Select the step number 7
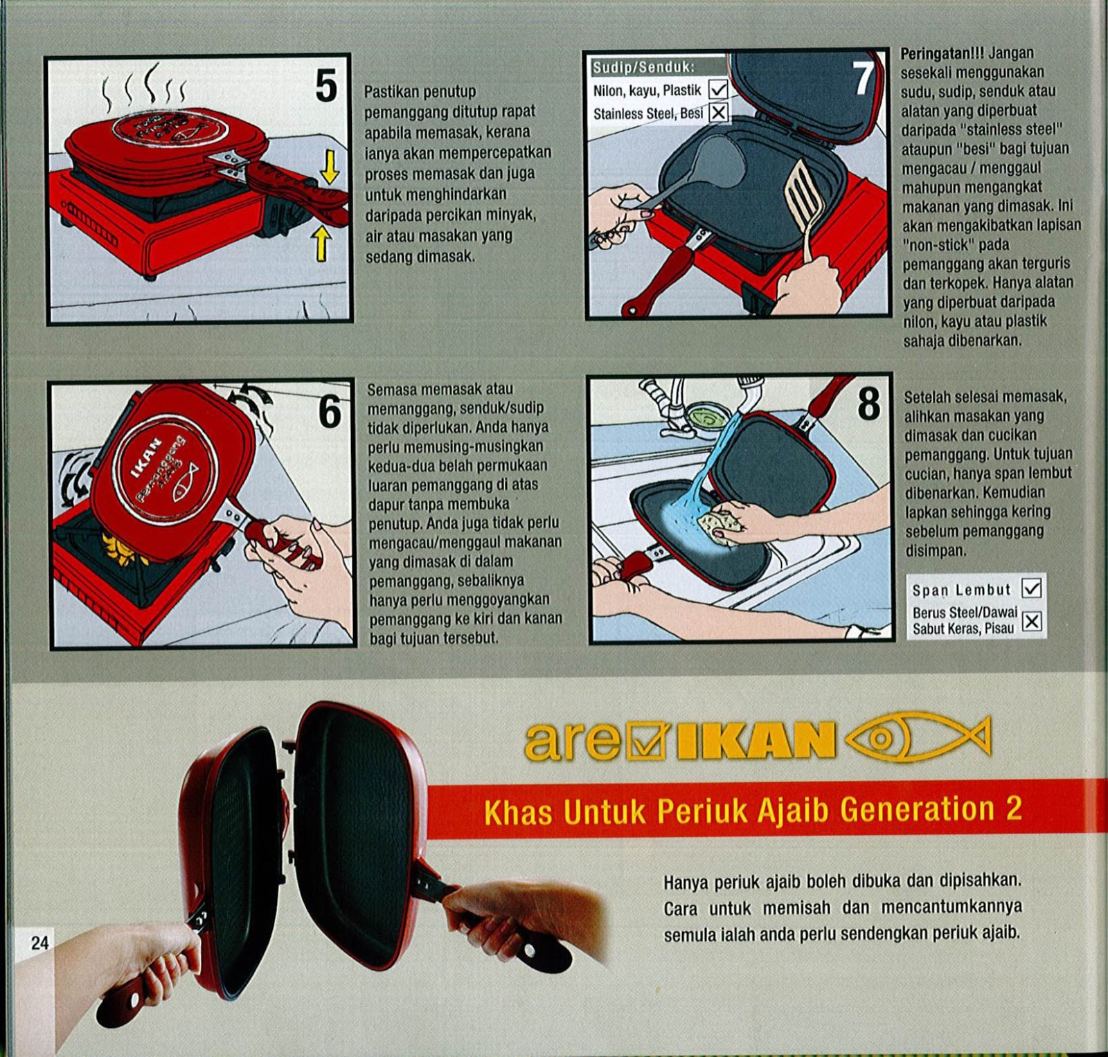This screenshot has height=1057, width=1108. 864,78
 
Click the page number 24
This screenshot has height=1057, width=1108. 40,942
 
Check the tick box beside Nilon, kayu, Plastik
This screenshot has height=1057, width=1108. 719,89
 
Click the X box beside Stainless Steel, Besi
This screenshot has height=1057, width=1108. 719,112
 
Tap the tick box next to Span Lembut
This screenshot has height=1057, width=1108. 1032,588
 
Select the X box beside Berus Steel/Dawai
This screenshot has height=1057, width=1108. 1032,621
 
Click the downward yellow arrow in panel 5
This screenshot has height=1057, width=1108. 330,167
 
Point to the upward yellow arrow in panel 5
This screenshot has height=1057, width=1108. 321,244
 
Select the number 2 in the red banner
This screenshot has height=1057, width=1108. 1013,808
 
